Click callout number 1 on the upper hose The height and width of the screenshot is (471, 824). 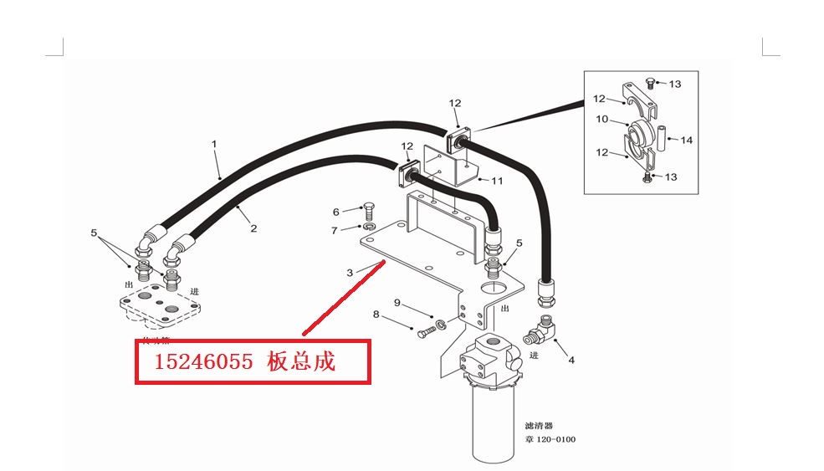point(214,144)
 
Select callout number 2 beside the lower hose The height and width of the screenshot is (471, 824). point(253,228)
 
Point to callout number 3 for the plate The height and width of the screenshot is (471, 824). point(351,272)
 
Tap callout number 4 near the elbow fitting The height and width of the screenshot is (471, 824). point(571,361)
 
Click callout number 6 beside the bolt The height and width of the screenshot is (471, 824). point(336,212)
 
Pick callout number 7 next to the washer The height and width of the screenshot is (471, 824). point(336,229)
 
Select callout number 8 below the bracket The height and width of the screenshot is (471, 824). point(376,315)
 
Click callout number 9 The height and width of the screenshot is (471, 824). point(398,302)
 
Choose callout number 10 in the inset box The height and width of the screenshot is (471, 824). point(602,120)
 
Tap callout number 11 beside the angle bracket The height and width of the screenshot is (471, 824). point(497,181)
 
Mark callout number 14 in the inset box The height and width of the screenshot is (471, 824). point(686,140)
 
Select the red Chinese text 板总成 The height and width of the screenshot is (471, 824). point(301,362)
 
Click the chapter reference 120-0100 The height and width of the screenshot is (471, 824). point(555,440)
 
